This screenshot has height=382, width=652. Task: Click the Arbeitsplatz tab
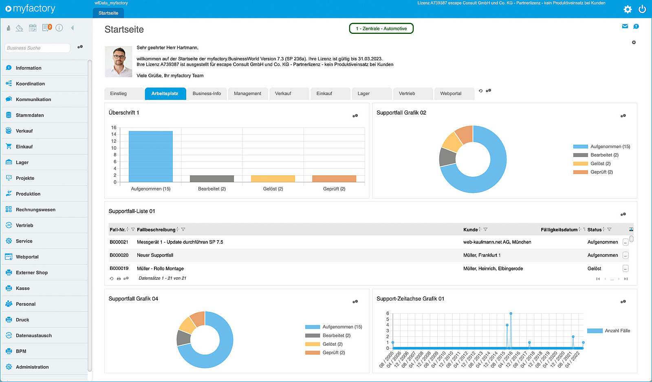tap(165, 93)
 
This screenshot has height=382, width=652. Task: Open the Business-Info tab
tap(207, 93)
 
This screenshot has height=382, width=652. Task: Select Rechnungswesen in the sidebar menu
tap(35, 209)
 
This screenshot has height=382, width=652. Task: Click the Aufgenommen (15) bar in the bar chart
tap(150, 157)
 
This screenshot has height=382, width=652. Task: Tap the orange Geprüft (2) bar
tap(334, 179)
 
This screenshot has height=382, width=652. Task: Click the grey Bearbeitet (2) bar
tap(212, 179)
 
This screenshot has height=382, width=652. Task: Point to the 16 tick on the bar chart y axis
tap(114, 128)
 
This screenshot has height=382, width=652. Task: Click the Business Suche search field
tap(37, 48)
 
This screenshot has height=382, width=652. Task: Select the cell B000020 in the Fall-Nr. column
tap(119, 255)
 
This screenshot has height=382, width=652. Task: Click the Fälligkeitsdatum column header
tap(559, 230)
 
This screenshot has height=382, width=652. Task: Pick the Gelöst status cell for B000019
tap(594, 268)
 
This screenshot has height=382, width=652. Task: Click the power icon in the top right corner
tap(642, 9)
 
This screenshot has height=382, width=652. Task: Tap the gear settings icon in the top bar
tap(627, 9)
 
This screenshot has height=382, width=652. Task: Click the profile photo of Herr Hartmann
tap(119, 62)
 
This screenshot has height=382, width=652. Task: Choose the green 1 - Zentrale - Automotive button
tap(381, 29)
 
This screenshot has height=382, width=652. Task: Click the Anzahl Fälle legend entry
tap(609, 331)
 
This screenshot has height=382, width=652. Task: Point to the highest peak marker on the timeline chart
tap(511, 314)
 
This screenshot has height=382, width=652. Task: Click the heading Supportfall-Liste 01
tap(132, 211)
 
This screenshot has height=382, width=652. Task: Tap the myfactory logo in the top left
tap(30, 9)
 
